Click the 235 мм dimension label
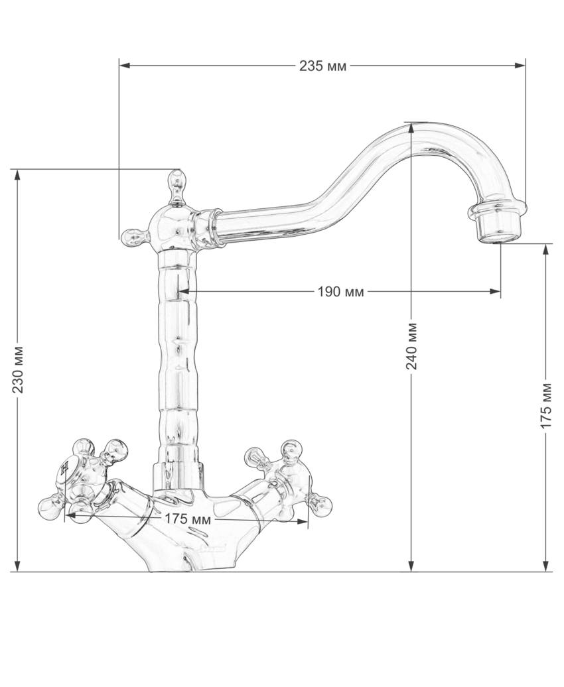(322, 66)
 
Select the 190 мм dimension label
(341, 292)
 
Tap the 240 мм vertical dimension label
(412, 346)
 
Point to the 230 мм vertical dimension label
(18, 369)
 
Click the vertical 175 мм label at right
(546, 405)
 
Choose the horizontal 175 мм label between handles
(188, 520)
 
